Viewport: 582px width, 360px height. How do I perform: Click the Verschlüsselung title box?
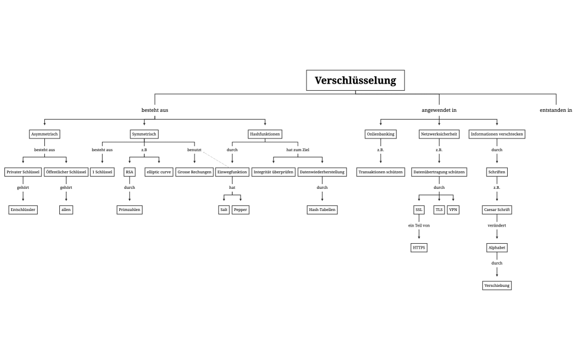click(x=355, y=80)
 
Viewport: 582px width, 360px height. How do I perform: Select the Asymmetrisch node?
click(x=44, y=134)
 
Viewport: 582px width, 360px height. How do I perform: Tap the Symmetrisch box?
click(x=144, y=134)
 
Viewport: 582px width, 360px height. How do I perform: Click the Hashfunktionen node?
click(x=265, y=134)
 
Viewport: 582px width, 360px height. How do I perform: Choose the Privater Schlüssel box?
click(x=23, y=172)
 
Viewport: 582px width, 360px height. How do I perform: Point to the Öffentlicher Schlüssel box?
click(x=66, y=172)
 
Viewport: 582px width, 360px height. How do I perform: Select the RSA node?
click(x=129, y=172)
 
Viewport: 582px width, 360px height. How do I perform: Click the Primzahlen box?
click(x=129, y=210)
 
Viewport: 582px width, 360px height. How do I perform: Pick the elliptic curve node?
click(x=159, y=172)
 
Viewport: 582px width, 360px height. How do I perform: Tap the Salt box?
click(x=223, y=210)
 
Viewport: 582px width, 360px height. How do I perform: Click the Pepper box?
click(x=240, y=210)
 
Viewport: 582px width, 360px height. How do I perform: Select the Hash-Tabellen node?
click(x=322, y=210)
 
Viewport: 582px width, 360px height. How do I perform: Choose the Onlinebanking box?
click(x=381, y=134)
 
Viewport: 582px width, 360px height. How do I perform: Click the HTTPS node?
click(x=419, y=248)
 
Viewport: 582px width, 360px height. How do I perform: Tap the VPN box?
click(x=453, y=210)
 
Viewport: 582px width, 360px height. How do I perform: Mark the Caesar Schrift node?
click(x=497, y=210)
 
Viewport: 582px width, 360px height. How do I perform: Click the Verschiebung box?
click(x=497, y=286)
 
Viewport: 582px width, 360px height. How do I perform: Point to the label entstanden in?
click(x=555, y=110)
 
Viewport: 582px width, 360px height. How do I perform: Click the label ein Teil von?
click(x=419, y=225)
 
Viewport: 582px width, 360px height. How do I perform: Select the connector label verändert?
click(x=497, y=225)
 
